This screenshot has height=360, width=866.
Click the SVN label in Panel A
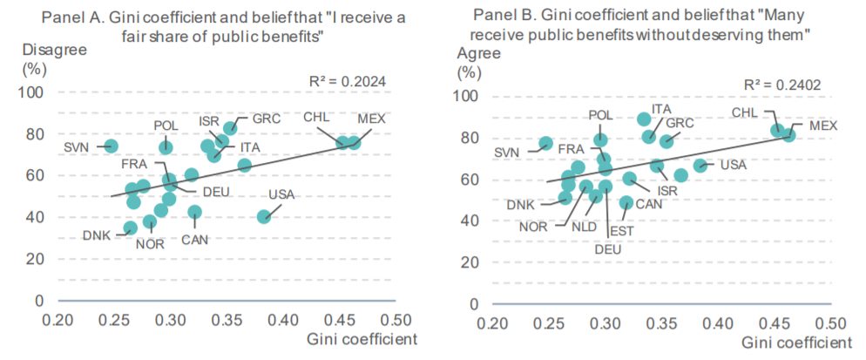(x=77, y=146)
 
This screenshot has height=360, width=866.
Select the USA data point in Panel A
(x=264, y=216)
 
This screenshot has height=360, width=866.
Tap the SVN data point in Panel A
(x=111, y=146)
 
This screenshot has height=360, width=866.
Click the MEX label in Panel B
(x=822, y=126)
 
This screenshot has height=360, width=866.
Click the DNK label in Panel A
(x=98, y=234)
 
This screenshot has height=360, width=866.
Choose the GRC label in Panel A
(x=266, y=119)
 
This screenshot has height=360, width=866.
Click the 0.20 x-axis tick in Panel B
(x=493, y=323)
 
